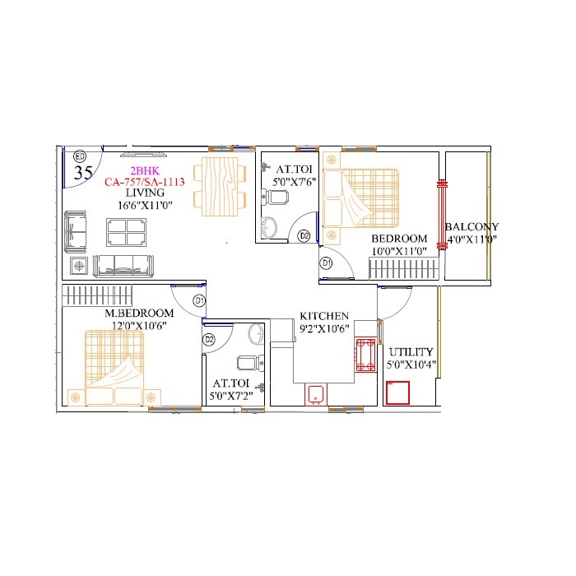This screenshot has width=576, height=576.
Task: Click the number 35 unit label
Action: [83, 173]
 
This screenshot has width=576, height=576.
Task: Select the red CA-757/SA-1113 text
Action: [143, 182]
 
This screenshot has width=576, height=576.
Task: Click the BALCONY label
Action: [471, 227]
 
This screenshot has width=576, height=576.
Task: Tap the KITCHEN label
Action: [324, 316]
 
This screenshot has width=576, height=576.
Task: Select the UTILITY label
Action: [411, 351]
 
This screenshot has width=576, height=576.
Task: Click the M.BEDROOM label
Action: [139, 314]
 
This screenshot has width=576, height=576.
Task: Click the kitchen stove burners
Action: [365, 353]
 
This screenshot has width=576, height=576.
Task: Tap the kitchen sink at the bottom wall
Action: [316, 394]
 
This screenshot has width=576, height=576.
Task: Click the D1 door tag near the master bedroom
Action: [199, 301]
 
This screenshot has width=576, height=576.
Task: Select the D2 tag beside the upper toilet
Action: [304, 236]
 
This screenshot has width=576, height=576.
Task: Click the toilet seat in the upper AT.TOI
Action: [276, 197]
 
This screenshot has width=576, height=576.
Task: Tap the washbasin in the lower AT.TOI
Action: [256, 332]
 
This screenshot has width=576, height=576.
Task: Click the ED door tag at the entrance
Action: [80, 156]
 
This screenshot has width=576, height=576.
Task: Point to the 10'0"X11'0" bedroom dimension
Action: [398, 251]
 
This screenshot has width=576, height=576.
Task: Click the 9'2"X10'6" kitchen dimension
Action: [324, 329]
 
